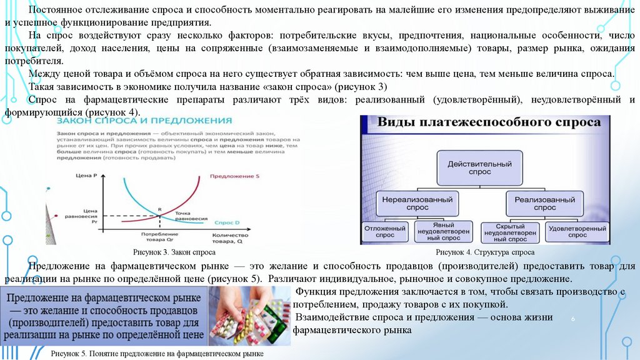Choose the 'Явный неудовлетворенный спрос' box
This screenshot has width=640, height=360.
(x=446, y=232)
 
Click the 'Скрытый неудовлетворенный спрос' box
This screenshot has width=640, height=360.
(x=510, y=232)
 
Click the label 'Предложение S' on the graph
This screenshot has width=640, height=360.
(x=234, y=177)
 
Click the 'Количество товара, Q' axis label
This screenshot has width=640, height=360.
(x=227, y=237)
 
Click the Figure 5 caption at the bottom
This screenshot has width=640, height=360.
(x=157, y=354)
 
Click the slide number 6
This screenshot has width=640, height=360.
(x=572, y=319)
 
